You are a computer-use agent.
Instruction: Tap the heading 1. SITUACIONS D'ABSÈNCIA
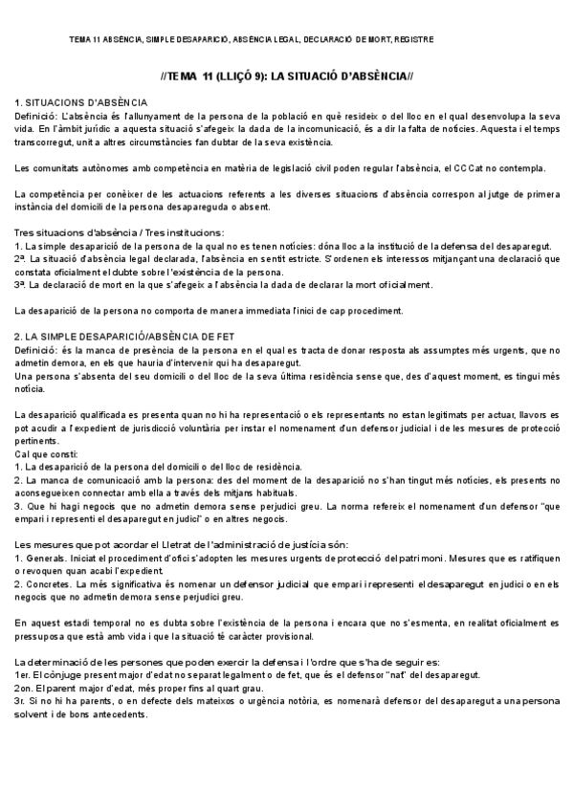click(81, 101)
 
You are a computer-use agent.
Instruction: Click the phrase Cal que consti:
click(45, 454)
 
